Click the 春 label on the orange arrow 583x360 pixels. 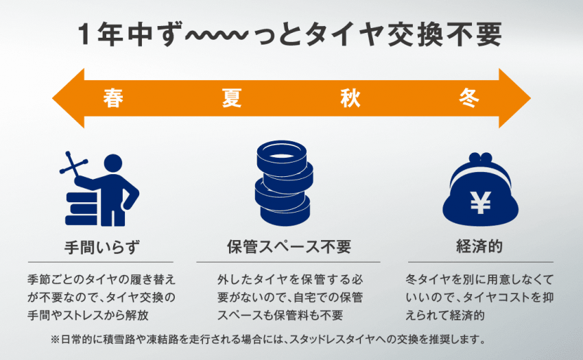[x=113, y=98]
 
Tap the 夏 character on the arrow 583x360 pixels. [x=232, y=98]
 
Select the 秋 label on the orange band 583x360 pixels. [x=350, y=98]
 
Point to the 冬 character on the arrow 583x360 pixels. [x=469, y=98]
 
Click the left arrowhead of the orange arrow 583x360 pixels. [x=69, y=98]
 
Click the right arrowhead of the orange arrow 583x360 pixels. [x=514, y=98]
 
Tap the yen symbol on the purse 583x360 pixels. [x=480, y=203]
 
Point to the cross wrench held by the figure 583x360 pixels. [x=73, y=165]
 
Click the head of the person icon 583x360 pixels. [x=113, y=164]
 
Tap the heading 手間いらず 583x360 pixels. [x=102, y=247]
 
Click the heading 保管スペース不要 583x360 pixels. [x=289, y=247]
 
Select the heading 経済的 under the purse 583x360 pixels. [x=479, y=247]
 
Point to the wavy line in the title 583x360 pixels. [x=216, y=36]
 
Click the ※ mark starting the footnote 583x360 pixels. [x=55, y=339]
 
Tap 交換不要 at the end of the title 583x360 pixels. [x=444, y=34]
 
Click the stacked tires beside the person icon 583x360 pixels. [x=82, y=208]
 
